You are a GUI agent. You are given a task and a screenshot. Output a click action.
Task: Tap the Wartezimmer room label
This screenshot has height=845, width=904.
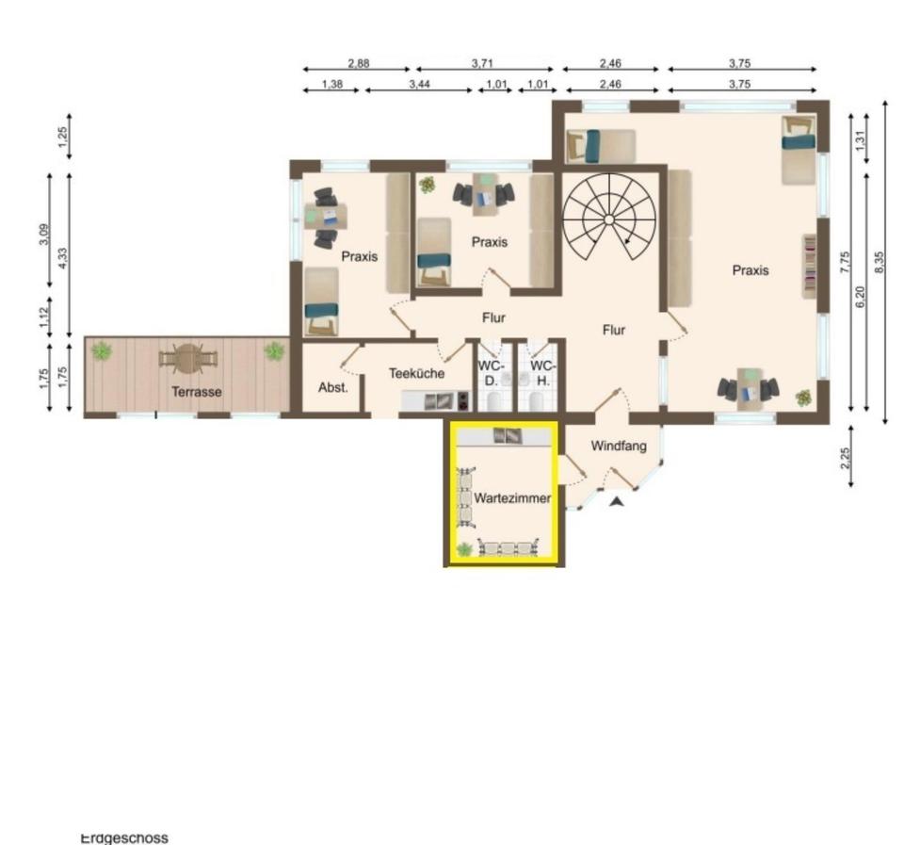click(512, 497)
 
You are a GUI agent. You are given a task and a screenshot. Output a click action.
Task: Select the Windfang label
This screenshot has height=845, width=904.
click(619, 446)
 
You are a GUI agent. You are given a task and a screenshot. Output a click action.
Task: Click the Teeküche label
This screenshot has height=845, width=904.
click(416, 373)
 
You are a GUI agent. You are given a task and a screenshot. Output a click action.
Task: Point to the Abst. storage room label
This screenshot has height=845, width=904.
click(332, 387)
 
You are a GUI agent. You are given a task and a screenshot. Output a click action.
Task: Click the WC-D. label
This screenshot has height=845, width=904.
click(492, 373)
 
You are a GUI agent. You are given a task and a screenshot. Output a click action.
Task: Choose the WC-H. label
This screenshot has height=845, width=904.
click(543, 373)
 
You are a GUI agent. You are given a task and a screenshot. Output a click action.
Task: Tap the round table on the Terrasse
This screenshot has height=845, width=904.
click(188, 359)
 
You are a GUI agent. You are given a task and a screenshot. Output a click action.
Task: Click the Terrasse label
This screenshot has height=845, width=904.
click(197, 392)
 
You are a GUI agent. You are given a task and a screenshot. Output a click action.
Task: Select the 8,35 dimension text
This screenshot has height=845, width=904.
click(880, 263)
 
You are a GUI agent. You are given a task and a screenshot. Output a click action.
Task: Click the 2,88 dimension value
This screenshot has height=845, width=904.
click(359, 63)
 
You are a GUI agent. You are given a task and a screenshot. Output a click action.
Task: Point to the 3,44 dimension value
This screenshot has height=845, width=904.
click(420, 84)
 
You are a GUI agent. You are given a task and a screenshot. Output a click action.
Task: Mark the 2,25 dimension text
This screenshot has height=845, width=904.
click(846, 459)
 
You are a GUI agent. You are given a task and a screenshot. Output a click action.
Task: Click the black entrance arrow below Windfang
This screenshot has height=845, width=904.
click(618, 502)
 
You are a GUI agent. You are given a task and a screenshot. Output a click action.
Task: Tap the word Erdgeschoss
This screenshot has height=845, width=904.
click(124, 837)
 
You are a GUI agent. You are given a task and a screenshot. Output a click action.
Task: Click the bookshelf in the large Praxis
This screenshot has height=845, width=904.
click(810, 266)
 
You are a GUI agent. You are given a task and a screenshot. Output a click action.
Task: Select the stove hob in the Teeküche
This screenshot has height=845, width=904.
click(463, 400)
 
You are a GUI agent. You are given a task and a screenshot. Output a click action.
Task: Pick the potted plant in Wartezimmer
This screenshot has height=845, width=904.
click(464, 550)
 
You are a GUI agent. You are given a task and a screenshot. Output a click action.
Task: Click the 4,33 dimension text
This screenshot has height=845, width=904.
click(63, 258)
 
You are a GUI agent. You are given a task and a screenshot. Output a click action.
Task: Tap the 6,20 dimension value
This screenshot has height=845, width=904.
click(860, 297)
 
